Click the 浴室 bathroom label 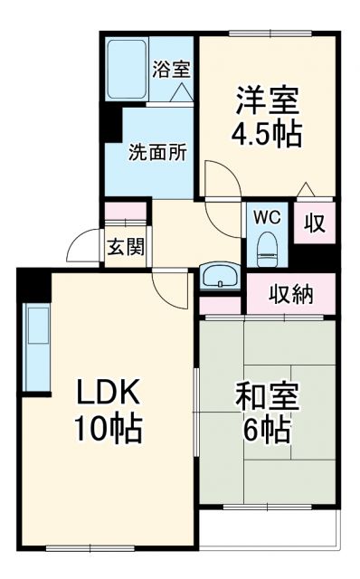pyautogui.click(x=172, y=68)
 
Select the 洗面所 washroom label pyautogui.click(x=157, y=151)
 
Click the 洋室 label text pyautogui.click(x=267, y=98)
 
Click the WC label pyautogui.click(x=265, y=217)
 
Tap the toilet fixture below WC pyautogui.click(x=266, y=246)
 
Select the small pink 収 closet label pyautogui.click(x=315, y=223)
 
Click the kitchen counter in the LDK pyautogui.click(x=36, y=348)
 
